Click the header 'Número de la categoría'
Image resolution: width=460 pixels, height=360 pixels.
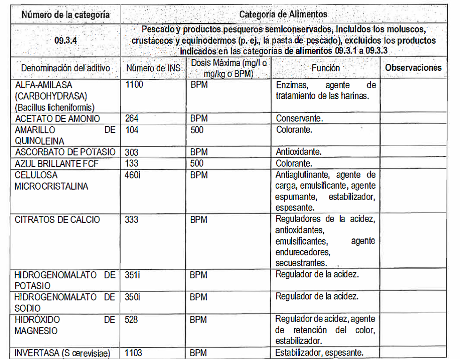66,15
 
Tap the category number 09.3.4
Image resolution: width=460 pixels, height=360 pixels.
66,40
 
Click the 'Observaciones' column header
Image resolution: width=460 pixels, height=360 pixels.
413,68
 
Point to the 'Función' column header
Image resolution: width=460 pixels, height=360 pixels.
325,68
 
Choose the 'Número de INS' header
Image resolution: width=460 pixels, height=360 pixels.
153,69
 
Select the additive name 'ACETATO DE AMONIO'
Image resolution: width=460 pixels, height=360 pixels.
57,119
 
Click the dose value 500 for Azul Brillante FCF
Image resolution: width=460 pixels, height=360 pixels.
197,163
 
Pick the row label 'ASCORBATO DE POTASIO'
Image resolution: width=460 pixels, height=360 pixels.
65,152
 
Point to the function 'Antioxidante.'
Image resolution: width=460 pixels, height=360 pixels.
298,152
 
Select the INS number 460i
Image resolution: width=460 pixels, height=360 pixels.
133,175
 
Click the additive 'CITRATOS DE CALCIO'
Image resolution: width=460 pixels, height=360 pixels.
57,220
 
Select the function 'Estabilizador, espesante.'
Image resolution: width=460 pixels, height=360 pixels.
320,353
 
